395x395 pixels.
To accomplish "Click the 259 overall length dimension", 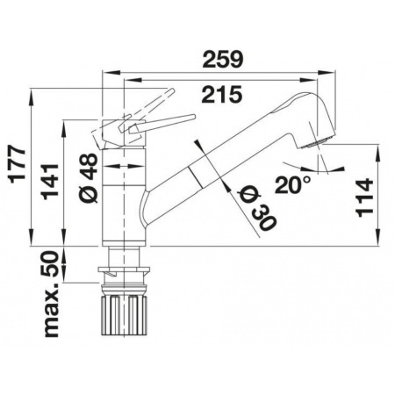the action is [x=223, y=60].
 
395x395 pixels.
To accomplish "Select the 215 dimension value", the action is [x=222, y=94].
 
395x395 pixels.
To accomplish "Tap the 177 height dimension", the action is [x=18, y=165].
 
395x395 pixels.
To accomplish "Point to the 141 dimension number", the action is [x=50, y=182].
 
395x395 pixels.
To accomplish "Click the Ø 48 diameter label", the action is [x=88, y=178].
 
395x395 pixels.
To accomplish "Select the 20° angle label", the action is [x=292, y=184].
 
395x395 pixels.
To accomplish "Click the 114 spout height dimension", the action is [x=364, y=197].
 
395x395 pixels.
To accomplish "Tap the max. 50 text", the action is [x=50, y=294].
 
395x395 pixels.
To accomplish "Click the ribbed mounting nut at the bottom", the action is [x=124, y=315].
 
